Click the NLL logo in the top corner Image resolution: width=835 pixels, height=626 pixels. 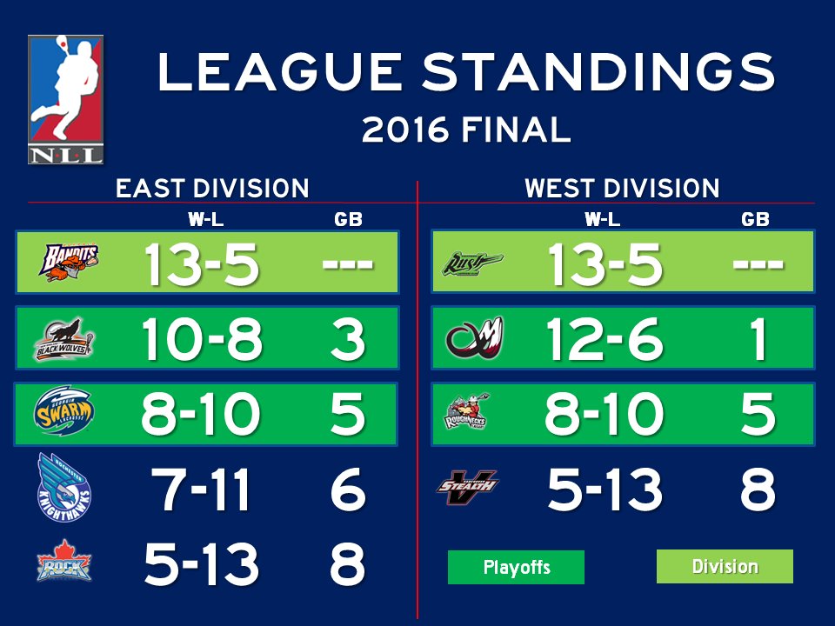[x=66, y=99]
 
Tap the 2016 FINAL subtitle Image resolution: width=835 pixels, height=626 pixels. [x=465, y=130]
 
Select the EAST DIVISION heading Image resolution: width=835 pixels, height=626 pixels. [x=212, y=188]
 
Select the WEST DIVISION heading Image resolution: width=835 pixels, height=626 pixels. [x=622, y=188]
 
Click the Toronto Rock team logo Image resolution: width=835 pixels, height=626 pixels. [x=63, y=564]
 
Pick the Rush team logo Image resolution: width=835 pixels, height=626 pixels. [x=471, y=261]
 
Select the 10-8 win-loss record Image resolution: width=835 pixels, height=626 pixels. [x=202, y=339]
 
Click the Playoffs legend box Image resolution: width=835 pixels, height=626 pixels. [x=516, y=568]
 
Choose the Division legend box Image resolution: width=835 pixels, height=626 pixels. [x=725, y=567]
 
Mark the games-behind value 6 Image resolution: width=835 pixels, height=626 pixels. [x=347, y=490]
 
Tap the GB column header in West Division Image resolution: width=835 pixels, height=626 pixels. [x=755, y=219]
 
